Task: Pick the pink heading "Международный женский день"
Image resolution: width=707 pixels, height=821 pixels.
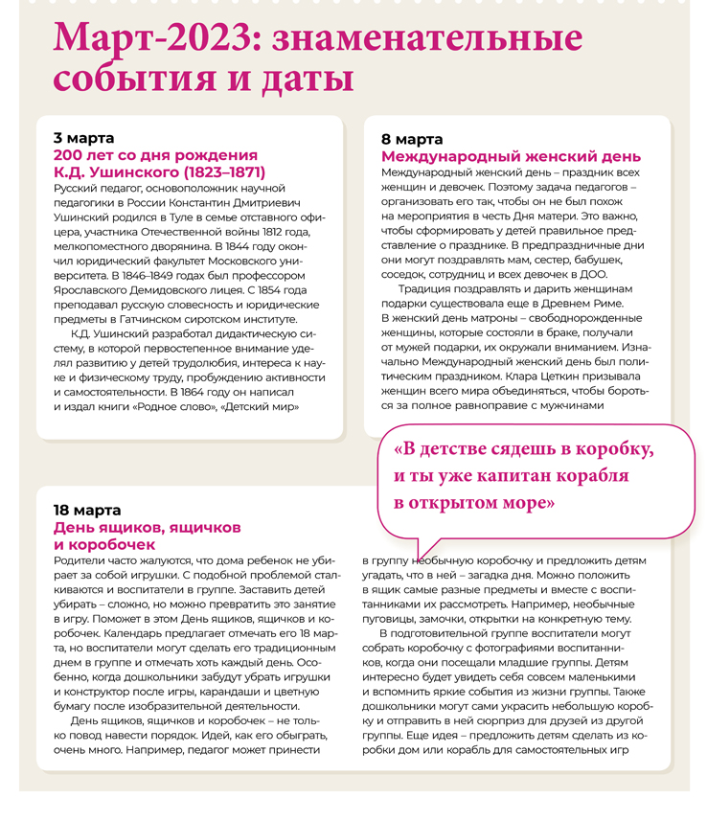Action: [511, 156]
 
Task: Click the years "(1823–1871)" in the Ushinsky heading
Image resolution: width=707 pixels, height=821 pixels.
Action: [212, 172]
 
